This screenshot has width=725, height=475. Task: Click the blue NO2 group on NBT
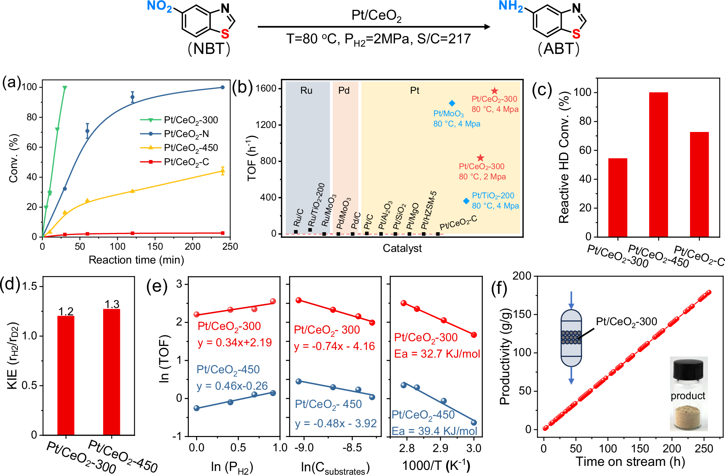pyautogui.click(x=159, y=7)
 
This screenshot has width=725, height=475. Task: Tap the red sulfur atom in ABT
pyautogui.click(x=576, y=34)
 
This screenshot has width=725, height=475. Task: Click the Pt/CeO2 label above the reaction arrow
pyautogui.click(x=376, y=16)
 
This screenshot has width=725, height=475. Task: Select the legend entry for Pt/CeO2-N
pyautogui.click(x=186, y=134)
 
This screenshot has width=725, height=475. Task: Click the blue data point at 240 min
pyautogui.click(x=223, y=87)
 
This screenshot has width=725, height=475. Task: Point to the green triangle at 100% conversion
pyautogui.click(x=65, y=88)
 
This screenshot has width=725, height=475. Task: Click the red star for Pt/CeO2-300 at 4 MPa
pyautogui.click(x=494, y=91)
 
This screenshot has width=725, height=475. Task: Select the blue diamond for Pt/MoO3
pyautogui.click(x=452, y=104)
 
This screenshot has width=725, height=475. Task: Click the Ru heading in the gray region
pyautogui.click(x=306, y=90)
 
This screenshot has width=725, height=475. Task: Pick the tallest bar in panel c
pyautogui.click(x=658, y=164)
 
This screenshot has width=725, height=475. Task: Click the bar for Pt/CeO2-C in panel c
pyautogui.click(x=699, y=184)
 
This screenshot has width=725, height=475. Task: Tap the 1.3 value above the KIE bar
pyautogui.click(x=112, y=304)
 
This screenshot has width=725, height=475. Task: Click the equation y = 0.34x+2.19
pyautogui.click(x=235, y=343)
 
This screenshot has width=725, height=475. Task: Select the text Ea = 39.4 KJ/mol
pyautogui.click(x=434, y=431)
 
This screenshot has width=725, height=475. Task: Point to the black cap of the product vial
pyautogui.click(x=688, y=369)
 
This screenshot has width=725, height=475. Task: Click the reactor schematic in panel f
pyautogui.click(x=571, y=338)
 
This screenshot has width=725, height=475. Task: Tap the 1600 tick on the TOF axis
pyautogui.click(x=266, y=89)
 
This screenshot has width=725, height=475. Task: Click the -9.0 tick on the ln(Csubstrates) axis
pyautogui.click(x=304, y=448)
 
